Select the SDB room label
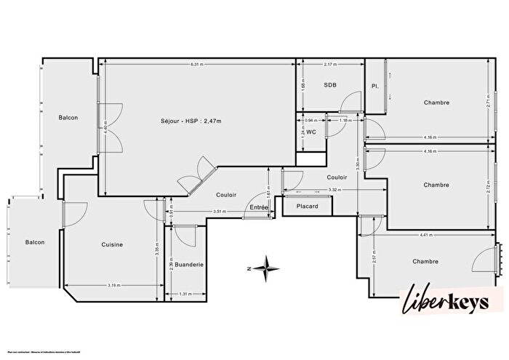330,85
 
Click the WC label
310,132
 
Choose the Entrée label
258,208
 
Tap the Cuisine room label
112,244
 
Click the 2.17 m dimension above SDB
330,65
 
